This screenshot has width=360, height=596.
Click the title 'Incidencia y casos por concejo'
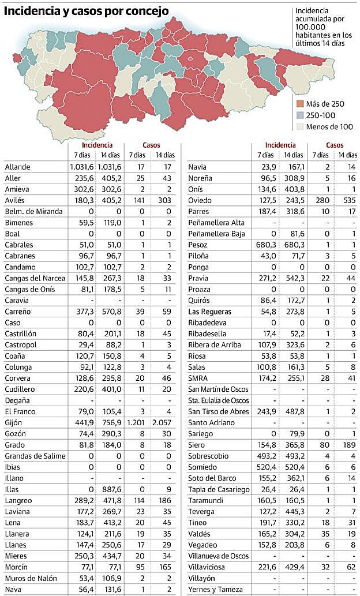[x=87, y=11]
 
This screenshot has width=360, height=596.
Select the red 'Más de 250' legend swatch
[x=300, y=104]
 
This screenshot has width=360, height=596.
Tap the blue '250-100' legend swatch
[x=300, y=115]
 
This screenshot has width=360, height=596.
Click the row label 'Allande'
[x=17, y=167]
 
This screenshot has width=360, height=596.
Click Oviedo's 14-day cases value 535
[x=347, y=201]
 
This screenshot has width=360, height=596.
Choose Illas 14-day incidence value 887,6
[x=111, y=490]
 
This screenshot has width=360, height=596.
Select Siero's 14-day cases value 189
[x=347, y=445]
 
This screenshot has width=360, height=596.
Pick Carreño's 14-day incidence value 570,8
[x=111, y=312]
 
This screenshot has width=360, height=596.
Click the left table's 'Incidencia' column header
[x=97, y=145]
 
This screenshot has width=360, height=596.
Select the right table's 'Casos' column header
[x=335, y=145]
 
